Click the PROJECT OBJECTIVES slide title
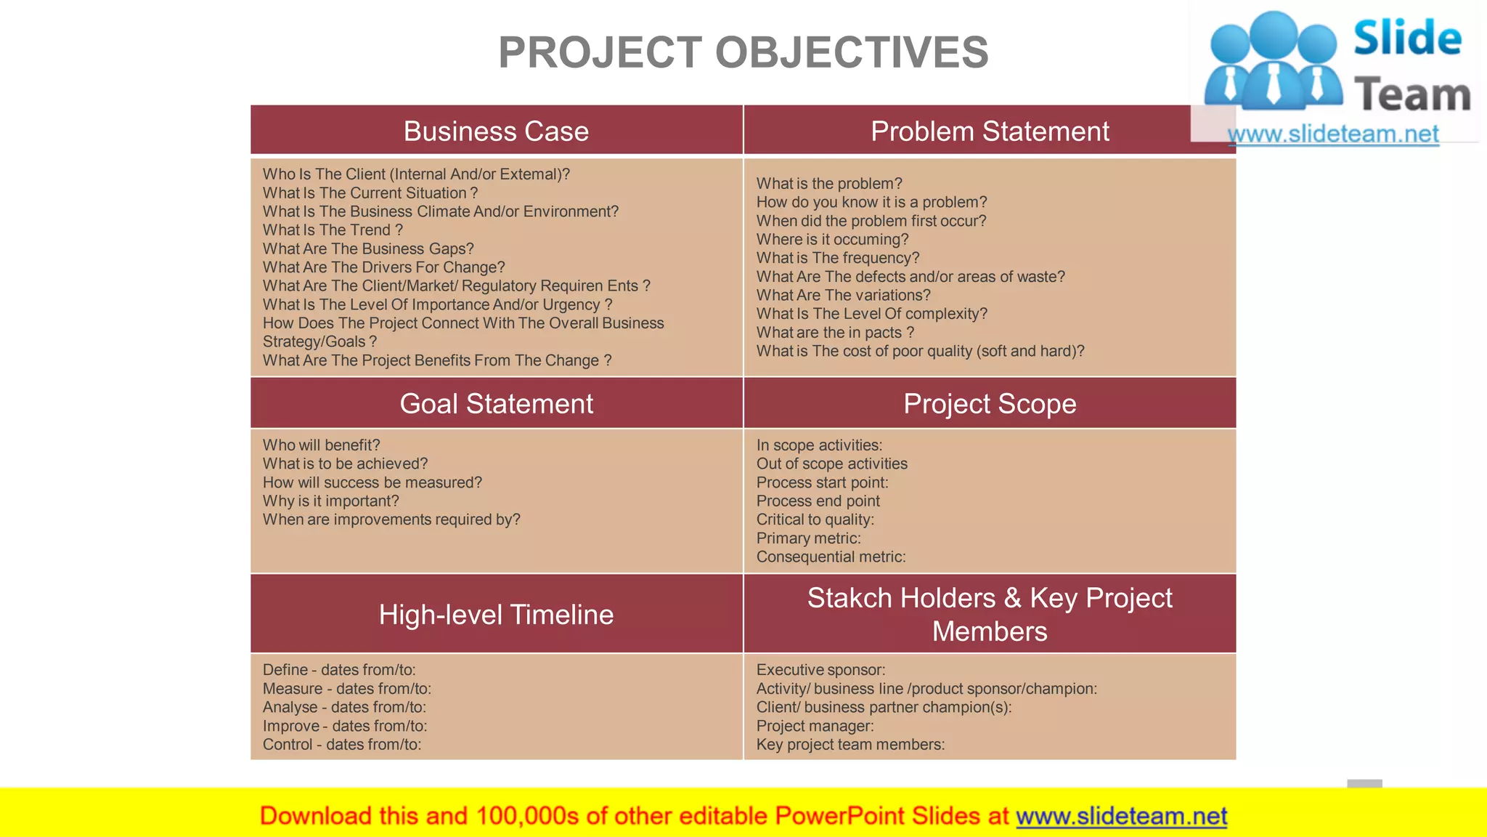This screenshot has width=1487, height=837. point(743,52)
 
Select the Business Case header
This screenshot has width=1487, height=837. point(496,132)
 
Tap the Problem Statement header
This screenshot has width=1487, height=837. point(989,132)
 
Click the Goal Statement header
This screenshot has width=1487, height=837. point(496,404)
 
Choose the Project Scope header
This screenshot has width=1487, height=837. point(989,404)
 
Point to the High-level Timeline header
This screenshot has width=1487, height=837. point(496,615)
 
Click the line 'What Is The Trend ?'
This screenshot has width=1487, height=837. point(333,230)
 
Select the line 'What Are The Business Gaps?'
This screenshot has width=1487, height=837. point(368,249)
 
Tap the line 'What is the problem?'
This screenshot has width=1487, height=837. point(829,184)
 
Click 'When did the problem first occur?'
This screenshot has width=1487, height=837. point(871,221)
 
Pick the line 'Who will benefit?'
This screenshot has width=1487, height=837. point(321,445)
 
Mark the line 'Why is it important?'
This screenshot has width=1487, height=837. point(330,501)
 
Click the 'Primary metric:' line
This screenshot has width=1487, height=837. point(808,538)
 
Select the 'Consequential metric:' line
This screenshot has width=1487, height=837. point(831,557)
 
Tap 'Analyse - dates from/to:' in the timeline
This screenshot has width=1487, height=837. point(344,708)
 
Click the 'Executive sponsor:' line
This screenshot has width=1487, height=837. point(820,670)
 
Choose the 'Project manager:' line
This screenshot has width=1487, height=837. point(815,726)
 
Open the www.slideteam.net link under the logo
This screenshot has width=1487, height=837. point(1333,134)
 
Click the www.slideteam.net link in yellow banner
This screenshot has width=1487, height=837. point(1121,816)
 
